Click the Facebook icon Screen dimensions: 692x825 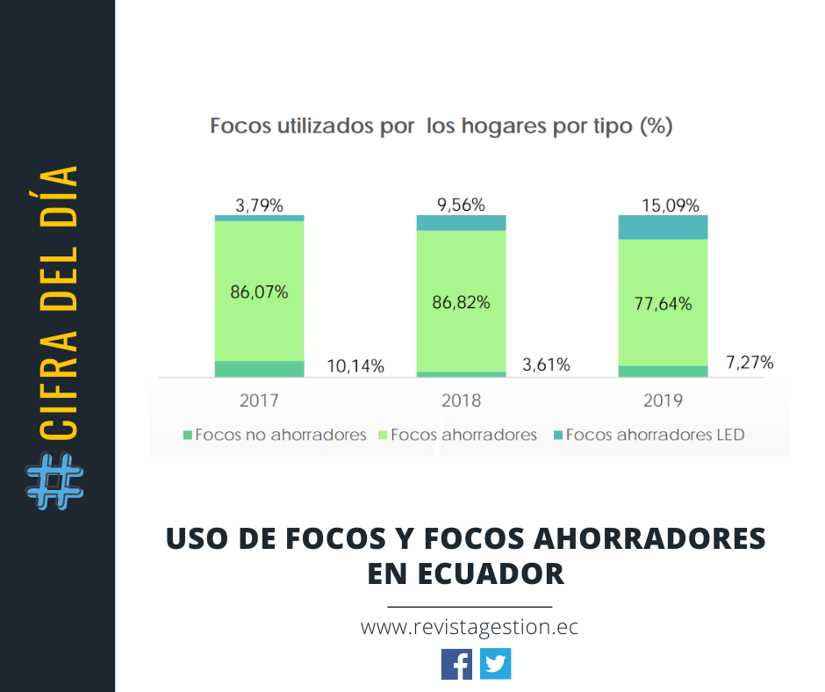(456, 663)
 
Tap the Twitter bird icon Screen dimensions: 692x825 (496, 663)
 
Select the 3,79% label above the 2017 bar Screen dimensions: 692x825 (259, 205)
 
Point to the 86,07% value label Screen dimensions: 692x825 (259, 292)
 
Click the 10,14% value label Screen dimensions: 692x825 (355, 366)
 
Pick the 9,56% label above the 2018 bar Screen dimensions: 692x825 (461, 205)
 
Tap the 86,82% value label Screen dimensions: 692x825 (461, 302)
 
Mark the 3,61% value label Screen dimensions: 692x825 (545, 364)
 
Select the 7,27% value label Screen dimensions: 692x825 (749, 362)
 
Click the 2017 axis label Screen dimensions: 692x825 (259, 400)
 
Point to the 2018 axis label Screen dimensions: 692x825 (461, 400)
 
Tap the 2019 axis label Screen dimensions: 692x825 (663, 400)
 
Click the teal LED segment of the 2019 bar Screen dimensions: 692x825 (663, 227)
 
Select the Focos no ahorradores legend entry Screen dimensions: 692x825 (274, 434)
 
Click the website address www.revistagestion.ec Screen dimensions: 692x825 (470, 627)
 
